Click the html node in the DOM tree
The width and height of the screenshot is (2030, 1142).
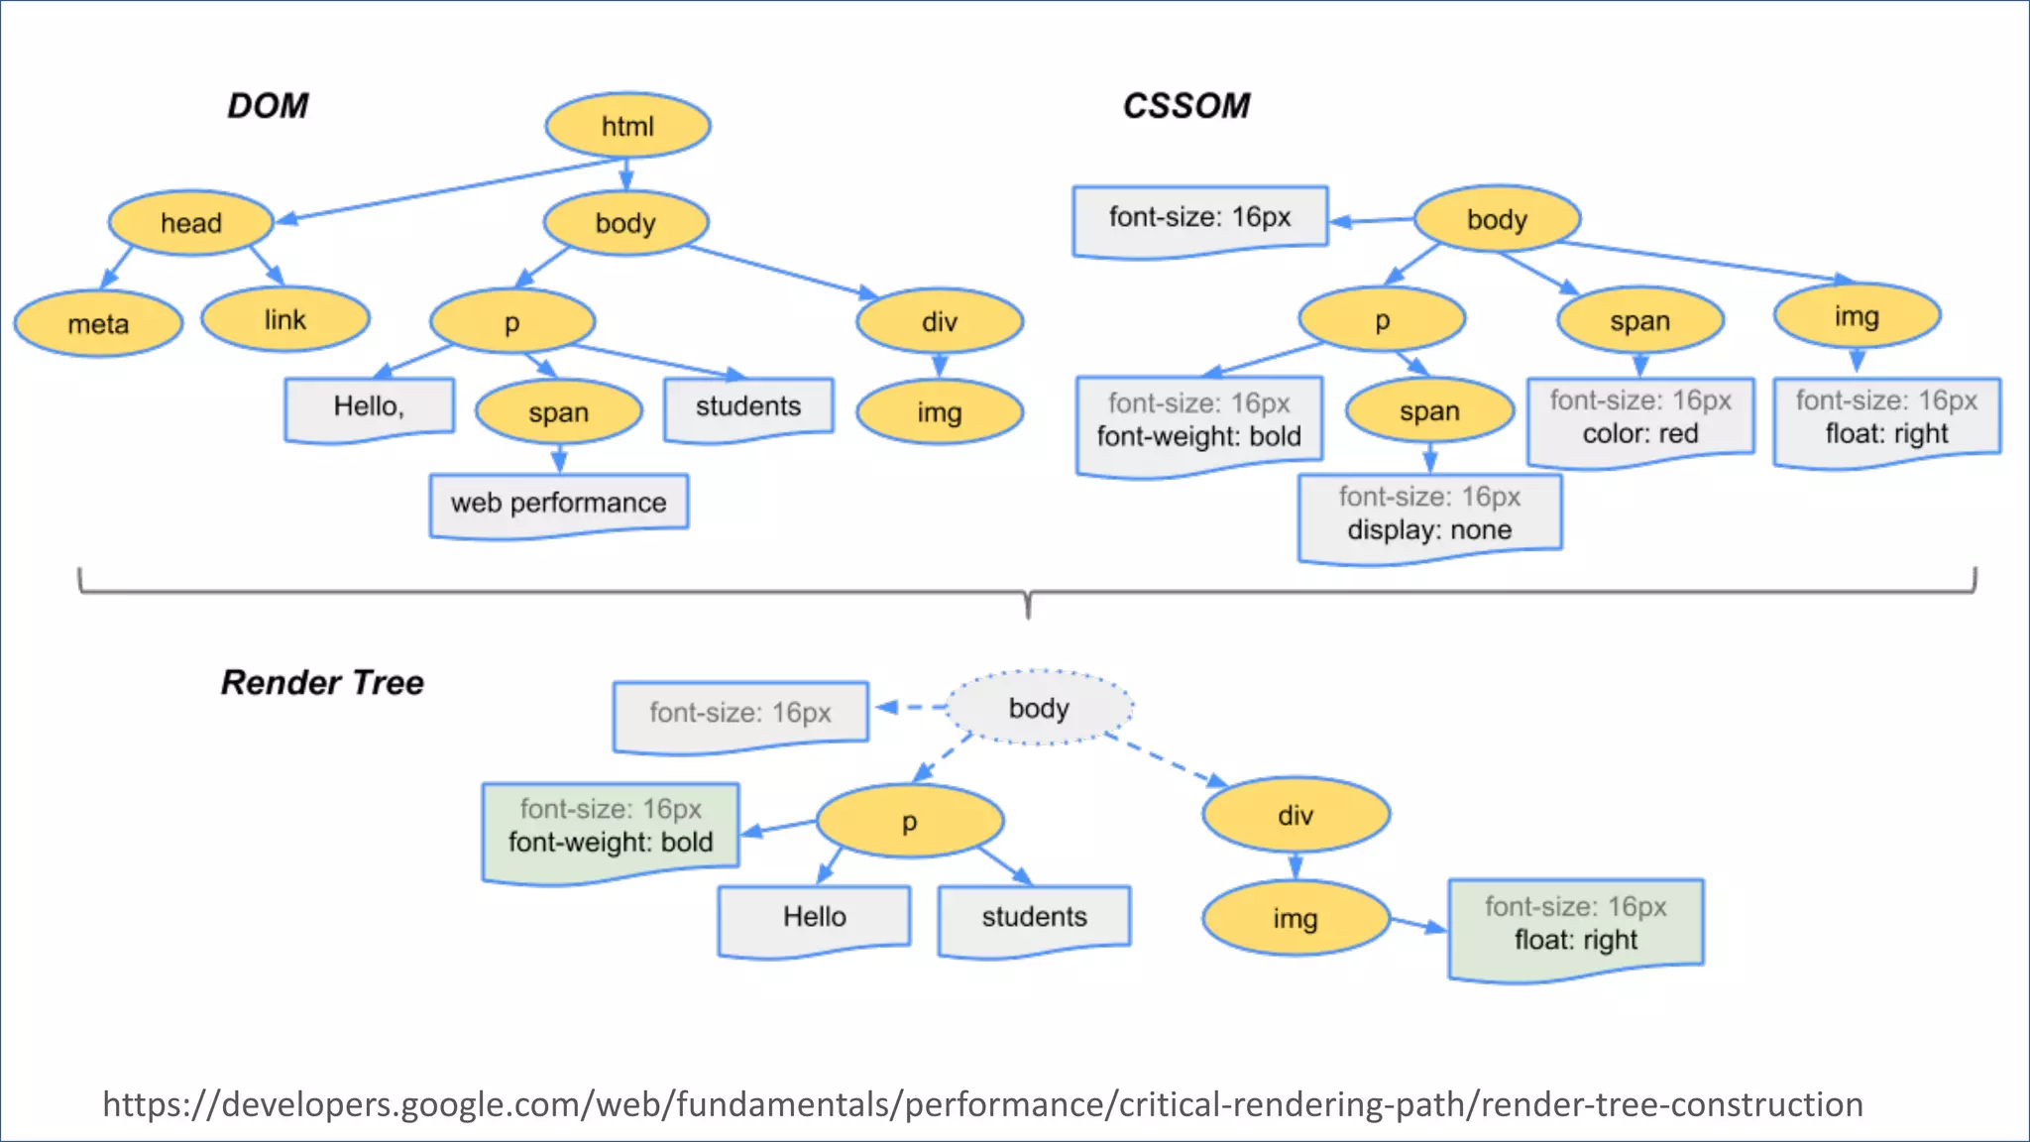point(627,126)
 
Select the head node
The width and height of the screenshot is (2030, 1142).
point(190,223)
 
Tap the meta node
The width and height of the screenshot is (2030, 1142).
point(98,324)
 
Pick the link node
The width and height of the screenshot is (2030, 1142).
point(285,320)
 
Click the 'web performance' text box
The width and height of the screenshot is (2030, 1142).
point(558,504)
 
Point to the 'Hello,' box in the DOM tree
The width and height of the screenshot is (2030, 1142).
point(369,406)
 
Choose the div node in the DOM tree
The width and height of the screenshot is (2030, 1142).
point(939,322)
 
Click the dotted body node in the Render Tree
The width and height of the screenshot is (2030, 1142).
point(1039,708)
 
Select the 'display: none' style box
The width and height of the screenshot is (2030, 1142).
point(1429,515)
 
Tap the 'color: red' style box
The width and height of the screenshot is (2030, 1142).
point(1640,419)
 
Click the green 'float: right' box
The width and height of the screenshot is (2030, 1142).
point(1575,925)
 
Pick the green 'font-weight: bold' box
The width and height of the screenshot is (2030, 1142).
point(611,828)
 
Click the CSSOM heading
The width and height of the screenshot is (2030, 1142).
point(1185,106)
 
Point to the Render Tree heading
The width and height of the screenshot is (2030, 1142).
point(322,683)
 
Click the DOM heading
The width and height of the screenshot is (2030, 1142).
point(268,106)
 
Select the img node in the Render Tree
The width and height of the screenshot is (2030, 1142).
point(1295,919)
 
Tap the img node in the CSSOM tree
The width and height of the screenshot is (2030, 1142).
point(1856,317)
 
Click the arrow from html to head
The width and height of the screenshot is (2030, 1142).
point(446,190)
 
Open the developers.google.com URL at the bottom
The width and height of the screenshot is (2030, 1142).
point(982,1104)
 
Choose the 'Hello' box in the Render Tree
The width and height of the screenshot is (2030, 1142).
point(814,917)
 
